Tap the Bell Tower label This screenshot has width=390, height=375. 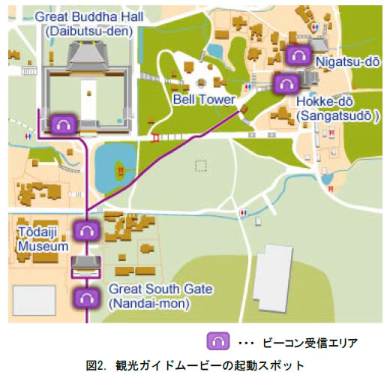(204, 99)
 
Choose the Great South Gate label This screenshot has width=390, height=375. (161, 289)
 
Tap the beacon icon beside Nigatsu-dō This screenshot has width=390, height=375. (298, 55)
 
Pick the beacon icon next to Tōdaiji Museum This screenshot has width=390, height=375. (86, 231)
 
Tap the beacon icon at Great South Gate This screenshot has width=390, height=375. (86, 298)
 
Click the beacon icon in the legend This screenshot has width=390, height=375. (217, 341)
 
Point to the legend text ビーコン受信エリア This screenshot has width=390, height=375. (309, 342)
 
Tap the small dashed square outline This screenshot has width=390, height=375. (201, 165)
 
